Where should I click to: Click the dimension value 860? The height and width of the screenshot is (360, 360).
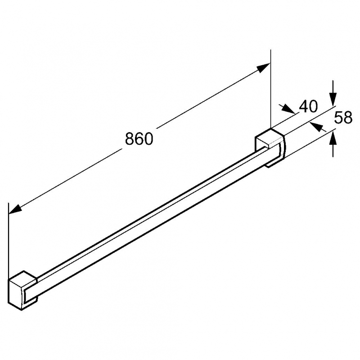click(x=139, y=139)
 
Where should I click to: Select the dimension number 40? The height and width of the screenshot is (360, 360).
click(x=308, y=106)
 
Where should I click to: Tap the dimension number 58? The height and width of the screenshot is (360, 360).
click(x=343, y=117)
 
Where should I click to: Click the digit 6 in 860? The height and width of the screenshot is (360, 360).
click(x=139, y=139)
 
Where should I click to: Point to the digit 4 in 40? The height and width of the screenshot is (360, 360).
click(x=303, y=106)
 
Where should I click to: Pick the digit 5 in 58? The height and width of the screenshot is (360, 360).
click(x=338, y=117)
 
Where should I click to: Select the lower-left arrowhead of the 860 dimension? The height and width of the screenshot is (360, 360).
click(x=15, y=209)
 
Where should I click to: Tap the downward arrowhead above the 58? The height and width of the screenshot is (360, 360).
click(x=333, y=99)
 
